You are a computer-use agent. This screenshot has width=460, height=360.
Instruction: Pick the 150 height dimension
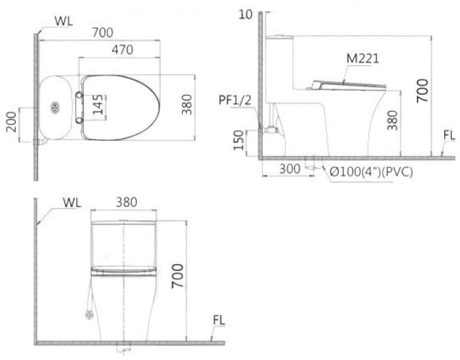pyautogui.click(x=237, y=141)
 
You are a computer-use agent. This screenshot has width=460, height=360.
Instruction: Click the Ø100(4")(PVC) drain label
pyautogui.click(x=370, y=171)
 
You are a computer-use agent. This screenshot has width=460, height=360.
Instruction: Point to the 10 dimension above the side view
pyautogui.click(x=246, y=14)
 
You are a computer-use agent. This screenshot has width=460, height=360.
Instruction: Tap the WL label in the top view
pyautogui.click(x=63, y=19)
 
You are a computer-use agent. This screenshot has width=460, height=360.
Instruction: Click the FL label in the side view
pyautogui.click(x=449, y=135)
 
